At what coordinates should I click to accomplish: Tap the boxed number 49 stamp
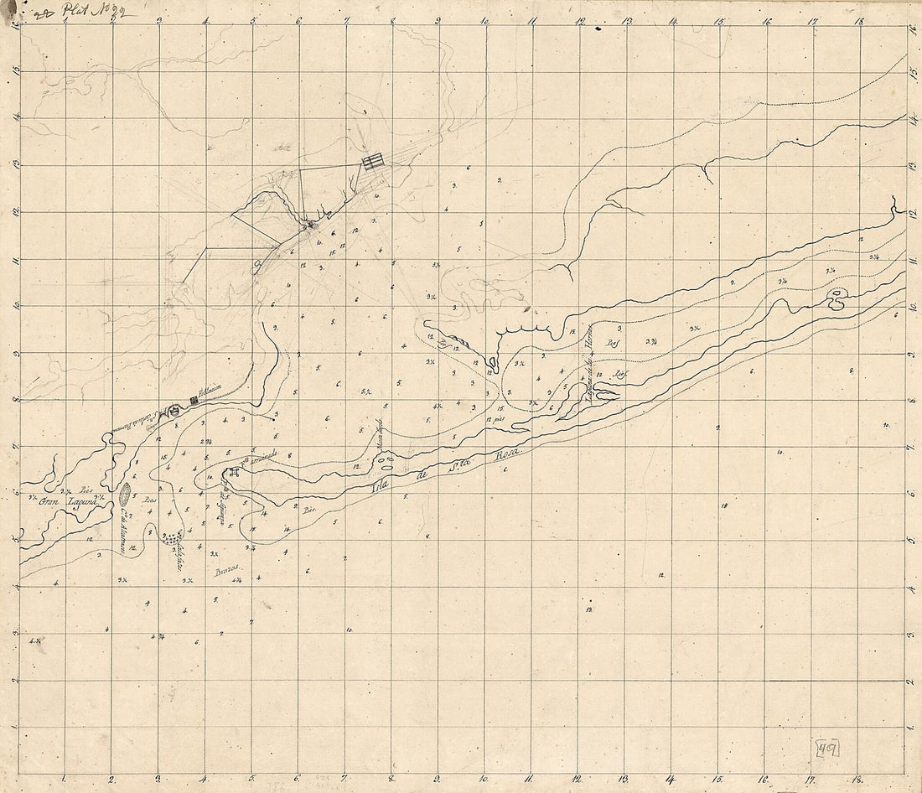828,749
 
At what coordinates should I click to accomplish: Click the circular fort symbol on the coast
174,411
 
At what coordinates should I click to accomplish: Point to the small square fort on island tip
229,474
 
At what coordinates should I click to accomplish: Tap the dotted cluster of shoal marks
173,537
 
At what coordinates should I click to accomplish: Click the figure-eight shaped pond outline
836,299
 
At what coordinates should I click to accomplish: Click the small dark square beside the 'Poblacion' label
194,401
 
